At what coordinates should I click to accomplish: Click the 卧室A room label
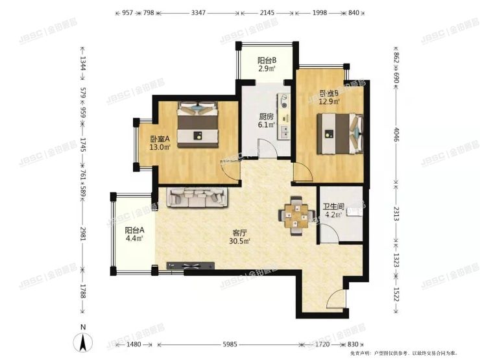pos(160,139)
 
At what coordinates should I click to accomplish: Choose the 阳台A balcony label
pos(134,230)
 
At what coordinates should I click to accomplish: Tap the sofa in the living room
pos(199,197)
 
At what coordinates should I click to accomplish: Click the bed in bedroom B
pos(339,133)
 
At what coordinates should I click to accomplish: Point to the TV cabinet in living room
pos(189,266)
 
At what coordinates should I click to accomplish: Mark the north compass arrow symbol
pos(82,342)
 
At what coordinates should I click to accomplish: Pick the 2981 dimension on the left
pos(82,232)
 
